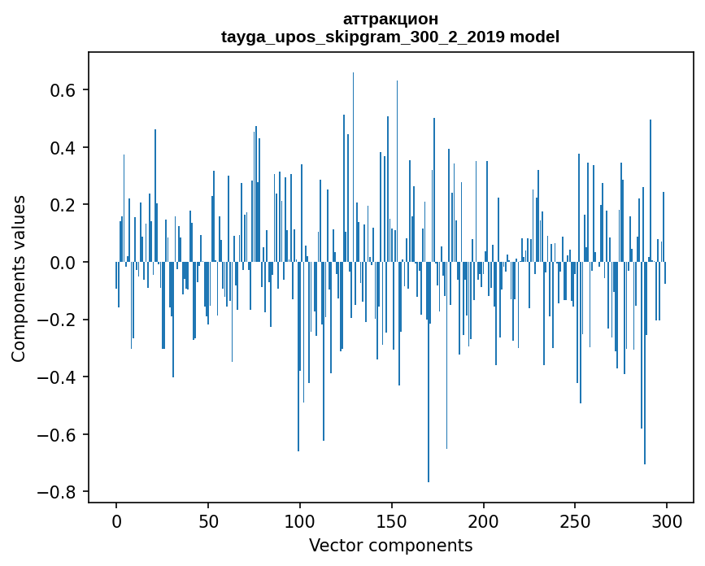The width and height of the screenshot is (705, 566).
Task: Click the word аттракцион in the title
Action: point(390,19)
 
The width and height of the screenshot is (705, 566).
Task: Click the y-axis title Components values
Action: point(19,279)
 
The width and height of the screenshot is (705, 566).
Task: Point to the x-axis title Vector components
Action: point(390,545)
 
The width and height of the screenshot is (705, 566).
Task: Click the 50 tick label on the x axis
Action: point(208,520)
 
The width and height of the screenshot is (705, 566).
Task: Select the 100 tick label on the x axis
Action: point(300,520)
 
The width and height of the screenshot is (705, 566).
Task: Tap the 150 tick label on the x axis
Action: point(392,520)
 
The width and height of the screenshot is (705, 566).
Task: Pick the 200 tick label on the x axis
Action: point(484,520)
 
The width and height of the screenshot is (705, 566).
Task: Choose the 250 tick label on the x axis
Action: point(576,520)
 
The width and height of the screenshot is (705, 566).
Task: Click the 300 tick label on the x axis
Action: point(668,520)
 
